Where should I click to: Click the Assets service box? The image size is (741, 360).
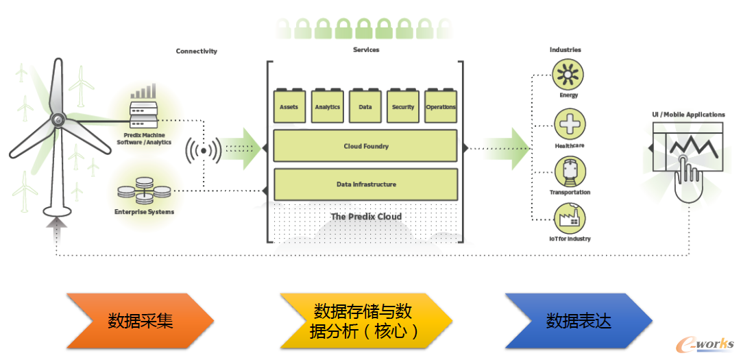(x=289, y=106)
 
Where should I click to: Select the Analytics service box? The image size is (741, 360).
(x=327, y=106)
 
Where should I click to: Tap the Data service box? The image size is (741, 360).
(x=365, y=106)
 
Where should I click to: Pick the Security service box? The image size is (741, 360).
(x=403, y=106)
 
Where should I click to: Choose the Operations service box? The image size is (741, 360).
(x=441, y=106)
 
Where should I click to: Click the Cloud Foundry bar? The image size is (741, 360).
(x=365, y=146)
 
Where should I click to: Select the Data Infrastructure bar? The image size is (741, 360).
(x=365, y=184)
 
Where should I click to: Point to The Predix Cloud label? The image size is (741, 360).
(x=365, y=217)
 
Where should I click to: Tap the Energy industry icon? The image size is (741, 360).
(x=569, y=74)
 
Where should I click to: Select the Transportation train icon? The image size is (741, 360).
(x=569, y=171)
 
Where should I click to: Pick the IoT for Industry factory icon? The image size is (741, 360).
(x=569, y=219)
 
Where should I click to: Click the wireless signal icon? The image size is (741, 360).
(x=204, y=151)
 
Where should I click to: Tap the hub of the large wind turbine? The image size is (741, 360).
(x=58, y=121)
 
